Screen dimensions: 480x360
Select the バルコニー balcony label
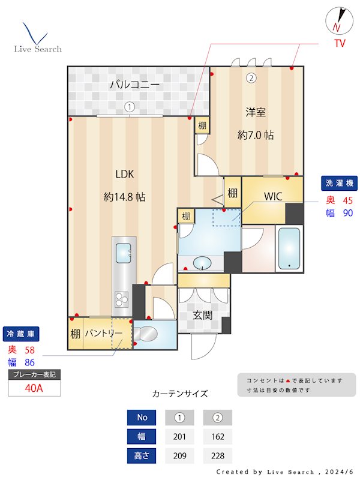coord(134,85)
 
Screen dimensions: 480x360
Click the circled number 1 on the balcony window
coord(129,107)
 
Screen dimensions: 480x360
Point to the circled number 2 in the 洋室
coord(251,77)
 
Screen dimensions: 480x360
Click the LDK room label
coord(125,174)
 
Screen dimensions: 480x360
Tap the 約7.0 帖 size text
coord(256,135)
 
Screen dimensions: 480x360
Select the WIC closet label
coord(273,196)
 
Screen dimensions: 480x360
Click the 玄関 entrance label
coord(202,314)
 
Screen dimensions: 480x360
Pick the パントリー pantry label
coord(103,334)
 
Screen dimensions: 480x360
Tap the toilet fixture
coord(148,334)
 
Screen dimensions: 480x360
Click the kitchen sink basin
coord(124,253)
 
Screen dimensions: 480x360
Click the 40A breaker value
coord(34,388)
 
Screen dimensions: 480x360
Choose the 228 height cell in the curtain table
coord(217,456)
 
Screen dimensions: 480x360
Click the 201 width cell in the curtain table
coord(178,437)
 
